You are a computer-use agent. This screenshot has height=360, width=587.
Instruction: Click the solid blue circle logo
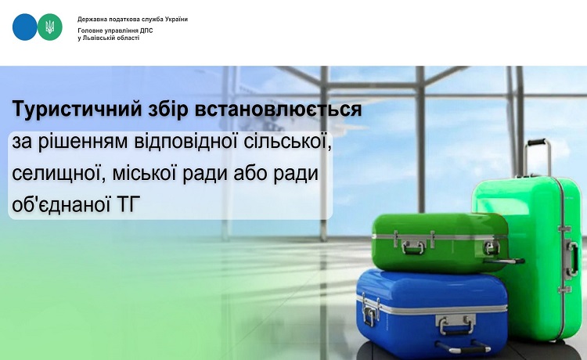tap(25, 27)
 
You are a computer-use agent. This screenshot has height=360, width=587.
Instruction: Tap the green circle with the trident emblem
tap(50, 27)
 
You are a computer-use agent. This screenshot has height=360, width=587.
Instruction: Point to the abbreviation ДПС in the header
tap(147, 31)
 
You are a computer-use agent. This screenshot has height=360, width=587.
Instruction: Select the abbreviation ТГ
tap(128, 205)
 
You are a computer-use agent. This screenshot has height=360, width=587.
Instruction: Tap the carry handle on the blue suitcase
tap(456, 326)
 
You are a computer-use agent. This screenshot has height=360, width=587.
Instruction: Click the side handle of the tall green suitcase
tap(572, 258)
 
